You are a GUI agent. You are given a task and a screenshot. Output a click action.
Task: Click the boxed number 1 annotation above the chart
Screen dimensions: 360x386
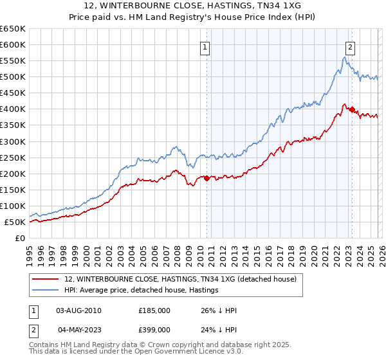205,46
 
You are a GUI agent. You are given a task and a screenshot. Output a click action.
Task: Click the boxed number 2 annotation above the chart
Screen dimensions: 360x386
350,46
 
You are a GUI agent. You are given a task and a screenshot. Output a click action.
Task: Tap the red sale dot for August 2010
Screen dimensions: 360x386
207,179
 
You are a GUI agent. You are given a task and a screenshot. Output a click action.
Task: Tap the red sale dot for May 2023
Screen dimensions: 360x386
352,109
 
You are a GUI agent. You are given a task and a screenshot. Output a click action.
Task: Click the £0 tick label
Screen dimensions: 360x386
19,238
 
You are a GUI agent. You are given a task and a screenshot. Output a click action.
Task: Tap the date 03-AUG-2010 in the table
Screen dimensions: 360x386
78,310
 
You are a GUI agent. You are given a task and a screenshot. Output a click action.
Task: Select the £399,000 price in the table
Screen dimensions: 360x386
154,329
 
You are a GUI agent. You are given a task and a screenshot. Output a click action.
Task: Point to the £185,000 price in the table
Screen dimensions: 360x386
154,310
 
